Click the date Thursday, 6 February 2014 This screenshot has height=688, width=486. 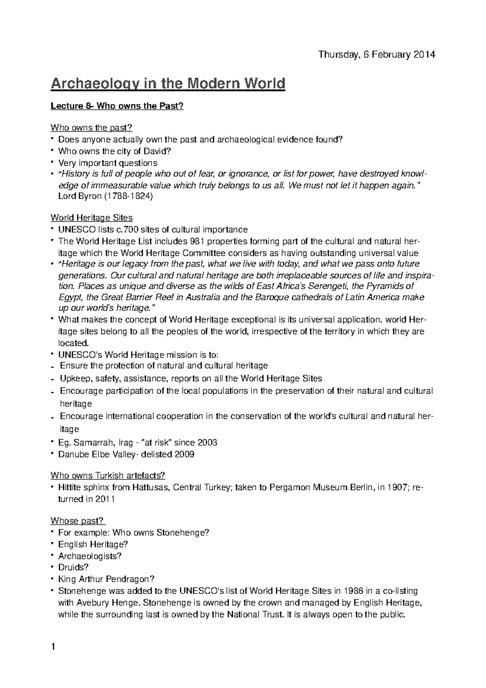tap(376, 55)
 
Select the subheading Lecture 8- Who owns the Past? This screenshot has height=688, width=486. tap(117, 106)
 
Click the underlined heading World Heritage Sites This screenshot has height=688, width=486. tap(92, 218)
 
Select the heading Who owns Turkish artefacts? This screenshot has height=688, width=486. tap(108, 475)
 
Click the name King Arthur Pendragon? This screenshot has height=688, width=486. tap(107, 579)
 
